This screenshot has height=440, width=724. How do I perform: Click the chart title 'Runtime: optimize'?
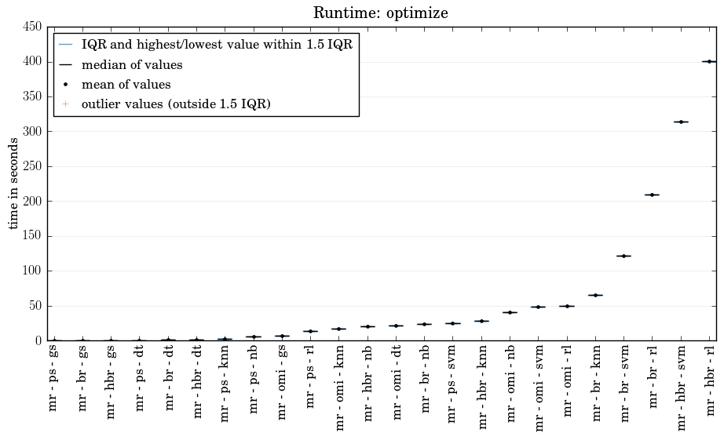(380, 13)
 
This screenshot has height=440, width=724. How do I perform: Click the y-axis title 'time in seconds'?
(14, 183)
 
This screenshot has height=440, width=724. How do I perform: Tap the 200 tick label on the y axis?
(32, 201)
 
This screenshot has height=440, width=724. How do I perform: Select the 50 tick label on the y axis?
(35, 306)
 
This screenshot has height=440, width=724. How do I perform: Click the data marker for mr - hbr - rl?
(709, 61)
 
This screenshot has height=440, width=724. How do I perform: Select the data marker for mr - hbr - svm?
(681, 122)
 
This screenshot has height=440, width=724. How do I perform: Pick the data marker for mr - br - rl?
(652, 195)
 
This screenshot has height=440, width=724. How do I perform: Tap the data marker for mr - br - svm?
(623, 256)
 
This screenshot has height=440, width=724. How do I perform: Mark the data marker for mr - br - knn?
(595, 295)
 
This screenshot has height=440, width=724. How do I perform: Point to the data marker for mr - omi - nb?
(510, 312)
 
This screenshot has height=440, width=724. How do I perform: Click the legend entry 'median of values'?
(132, 65)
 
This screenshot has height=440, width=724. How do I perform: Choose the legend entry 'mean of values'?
(126, 85)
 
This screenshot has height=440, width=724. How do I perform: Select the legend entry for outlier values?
(176, 104)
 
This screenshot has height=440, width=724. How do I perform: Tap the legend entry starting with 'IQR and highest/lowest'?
(217, 45)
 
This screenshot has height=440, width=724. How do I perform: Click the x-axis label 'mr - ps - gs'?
(53, 377)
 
